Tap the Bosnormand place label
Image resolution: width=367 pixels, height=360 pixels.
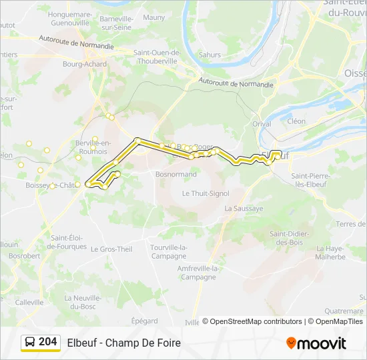[175, 174]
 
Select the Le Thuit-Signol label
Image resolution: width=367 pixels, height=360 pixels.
[206, 193]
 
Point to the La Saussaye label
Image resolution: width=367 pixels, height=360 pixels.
[244, 208]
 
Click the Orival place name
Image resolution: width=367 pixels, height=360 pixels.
[262, 123]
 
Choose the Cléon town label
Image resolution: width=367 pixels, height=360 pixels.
[296, 121]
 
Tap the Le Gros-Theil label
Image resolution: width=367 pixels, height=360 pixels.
[111, 249]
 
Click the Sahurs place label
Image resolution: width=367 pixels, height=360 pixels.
[210, 55]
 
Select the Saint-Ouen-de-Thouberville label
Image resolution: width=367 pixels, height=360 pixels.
[157, 57]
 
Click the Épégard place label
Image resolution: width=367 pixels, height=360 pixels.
[144, 320]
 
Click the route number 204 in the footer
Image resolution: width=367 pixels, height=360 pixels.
[47, 342]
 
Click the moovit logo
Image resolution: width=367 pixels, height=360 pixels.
[316, 343]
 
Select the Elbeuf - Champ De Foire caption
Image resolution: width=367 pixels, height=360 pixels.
[123, 343]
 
